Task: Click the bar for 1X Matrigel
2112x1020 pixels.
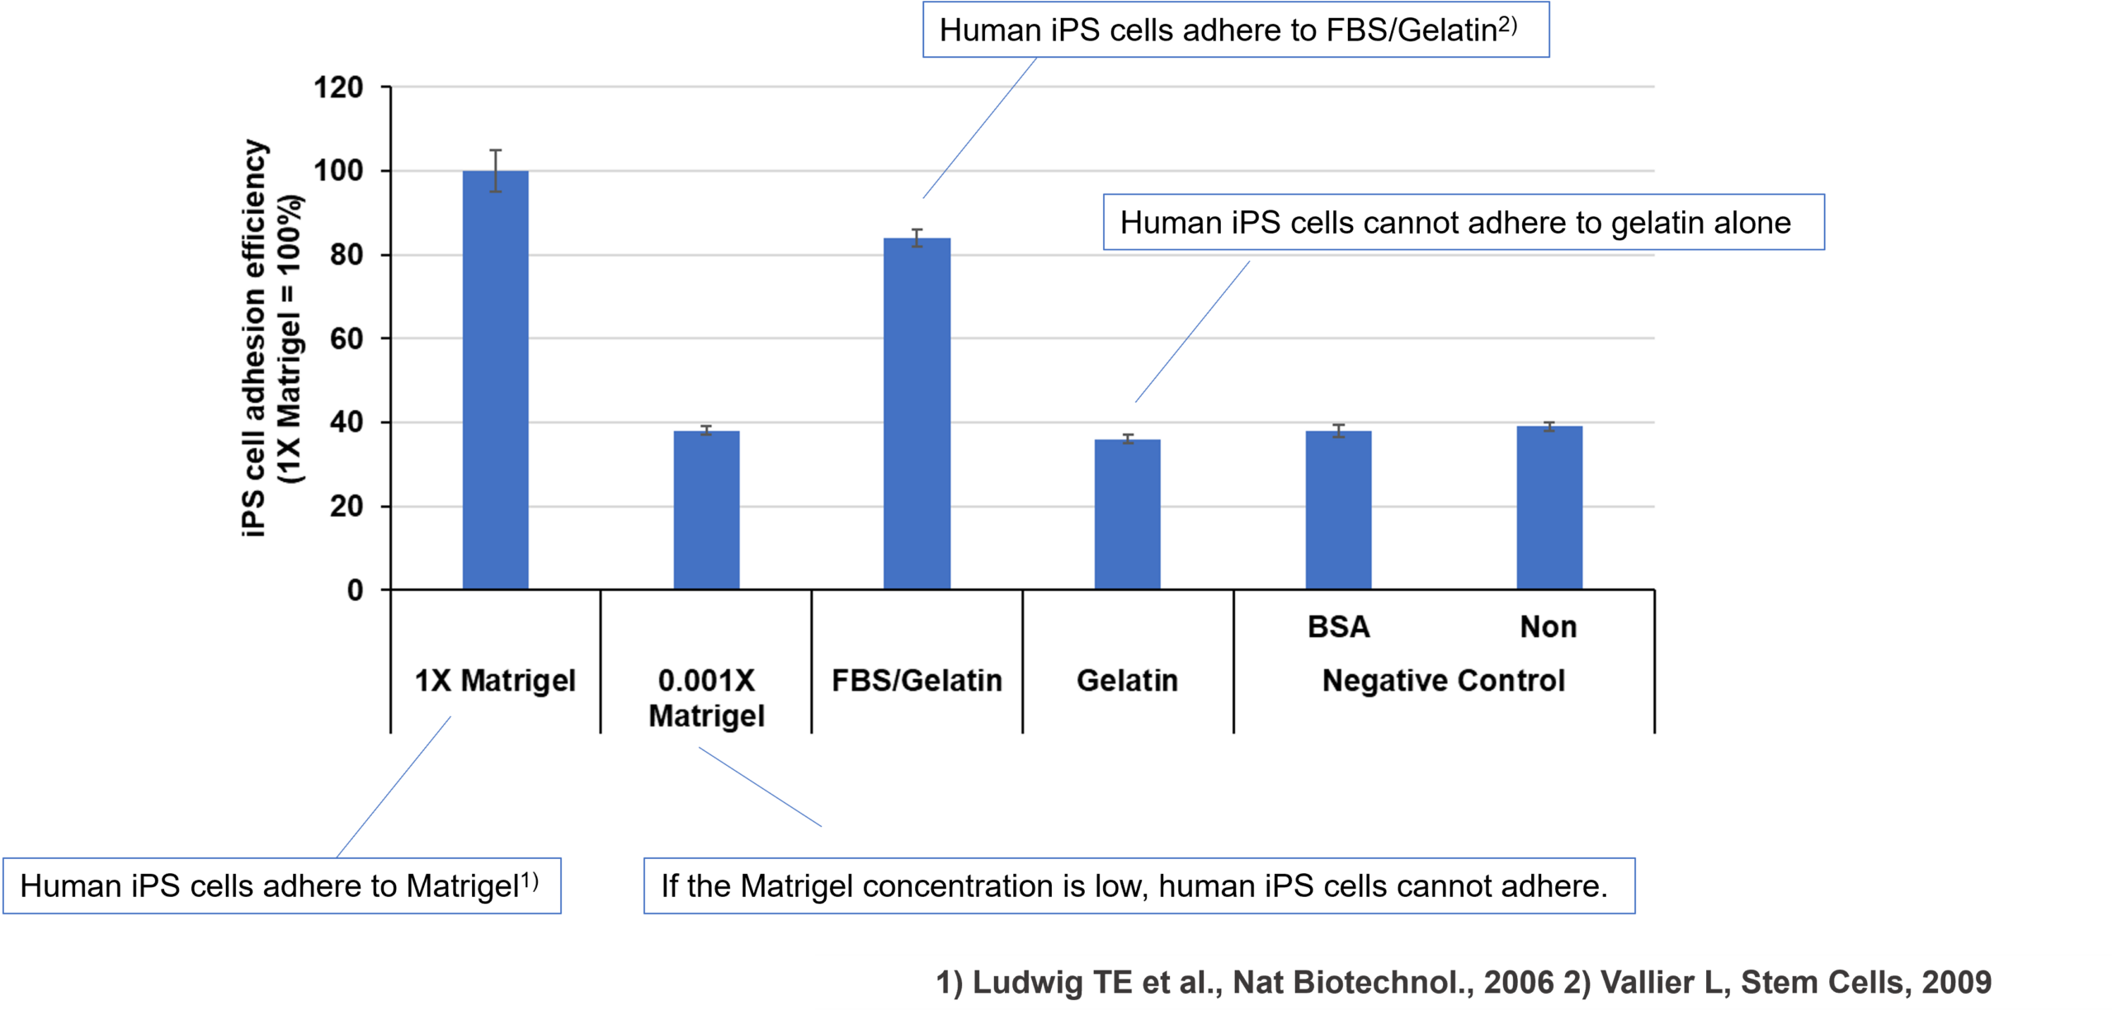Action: coord(495,380)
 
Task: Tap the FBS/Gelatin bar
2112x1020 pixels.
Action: coord(917,413)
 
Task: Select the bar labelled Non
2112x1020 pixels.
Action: coord(1549,507)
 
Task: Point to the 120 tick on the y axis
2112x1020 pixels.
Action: coord(338,87)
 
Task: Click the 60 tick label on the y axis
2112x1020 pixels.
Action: coord(346,338)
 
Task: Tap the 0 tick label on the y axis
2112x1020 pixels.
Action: coord(355,590)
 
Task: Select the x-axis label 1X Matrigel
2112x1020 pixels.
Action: coord(495,681)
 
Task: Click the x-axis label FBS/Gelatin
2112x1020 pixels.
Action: coord(917,681)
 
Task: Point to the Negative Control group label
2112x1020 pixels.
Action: coord(1444,681)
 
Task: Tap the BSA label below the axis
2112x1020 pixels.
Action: coord(1338,627)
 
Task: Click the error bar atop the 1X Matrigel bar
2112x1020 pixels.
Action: coord(495,170)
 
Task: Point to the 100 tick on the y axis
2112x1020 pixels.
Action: coord(338,171)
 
